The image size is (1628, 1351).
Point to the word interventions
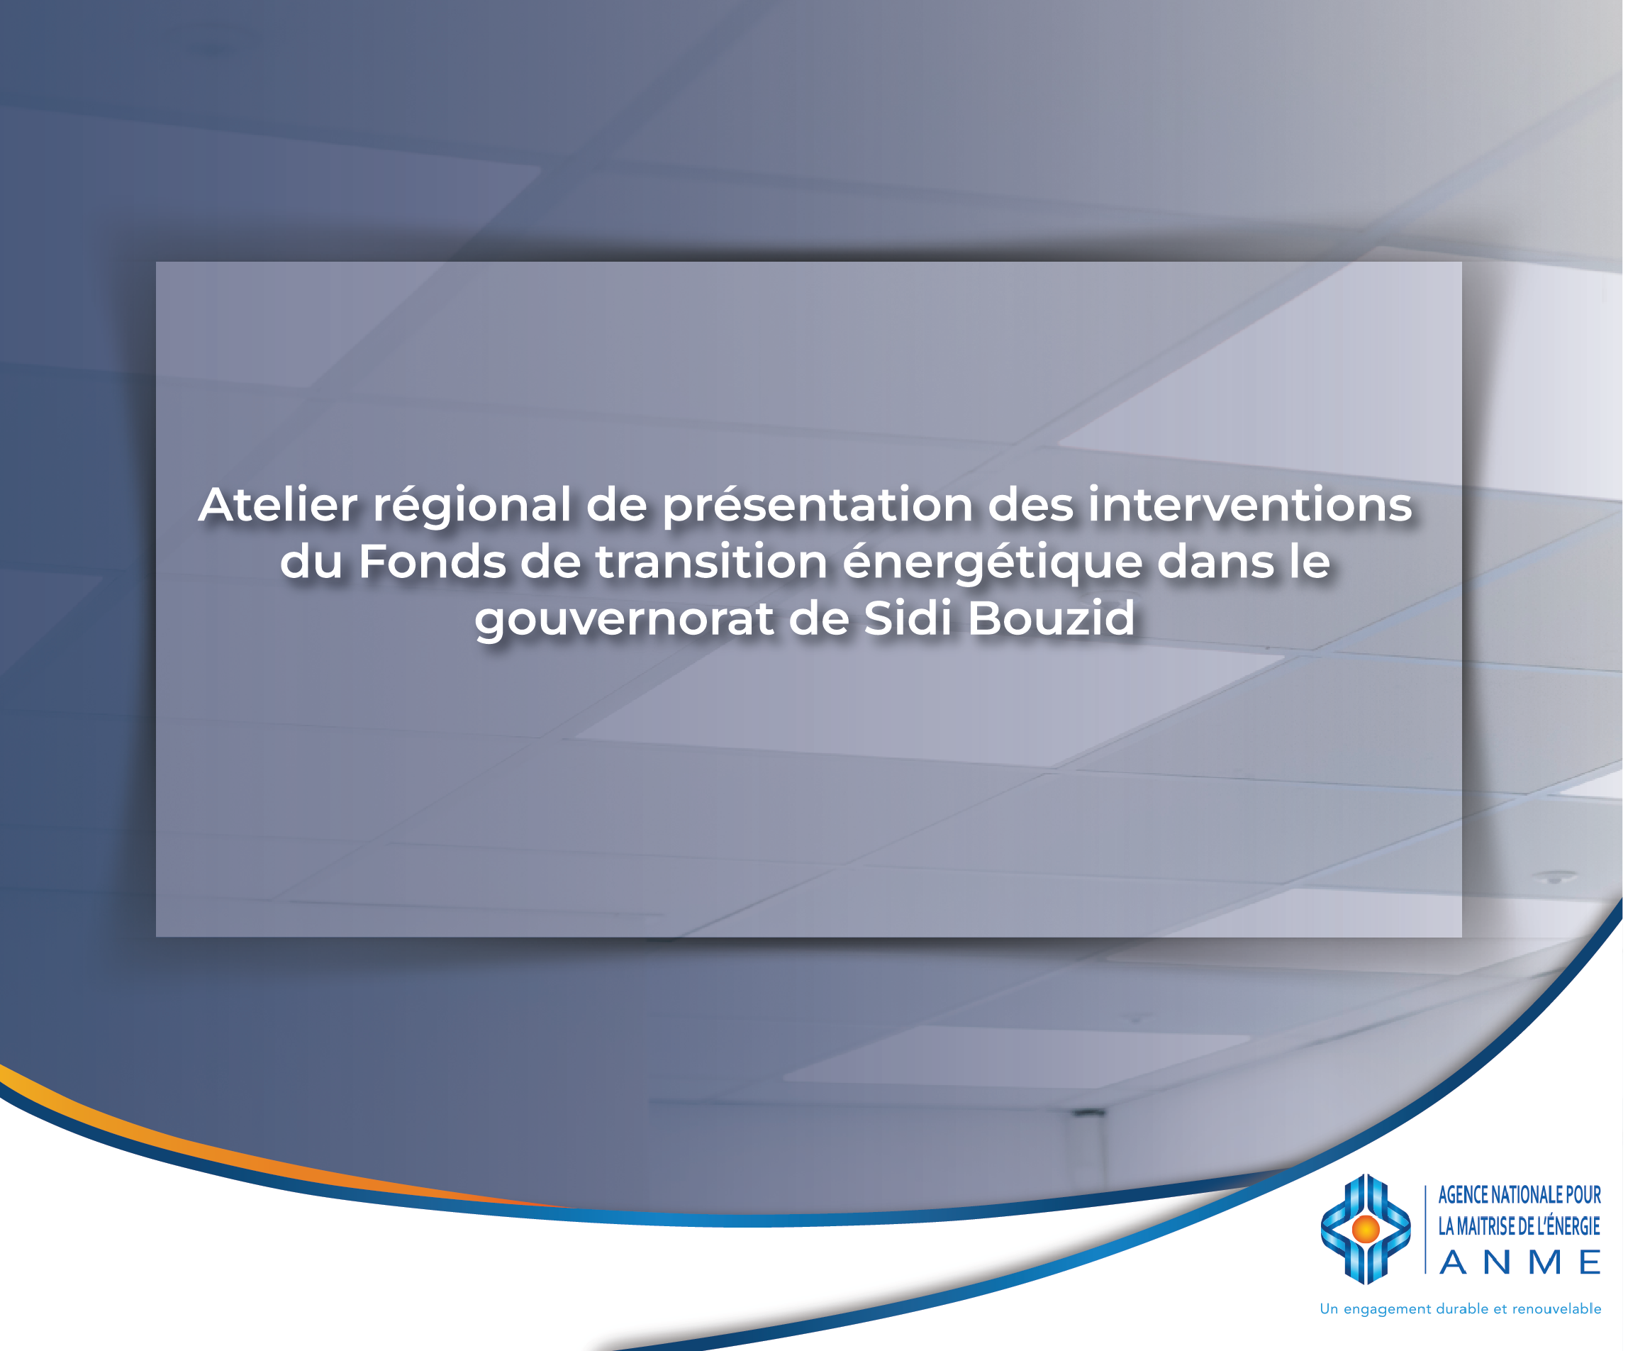tap(1249, 505)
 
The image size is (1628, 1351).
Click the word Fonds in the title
tap(432, 562)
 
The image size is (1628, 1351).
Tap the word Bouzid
tap(1052, 618)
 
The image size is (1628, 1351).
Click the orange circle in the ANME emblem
tap(1365, 1229)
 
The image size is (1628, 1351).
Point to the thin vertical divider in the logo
tap(1426, 1229)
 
